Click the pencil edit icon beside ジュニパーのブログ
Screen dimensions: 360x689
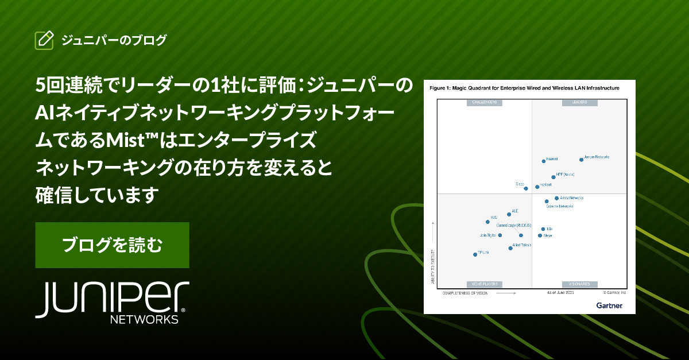click(44, 40)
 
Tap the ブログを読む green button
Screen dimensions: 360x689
click(113, 245)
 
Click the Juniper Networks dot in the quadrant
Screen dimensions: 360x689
click(581, 160)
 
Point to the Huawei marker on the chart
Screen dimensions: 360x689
click(544, 161)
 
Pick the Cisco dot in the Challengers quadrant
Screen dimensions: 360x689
click(526, 188)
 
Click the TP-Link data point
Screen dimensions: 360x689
click(475, 254)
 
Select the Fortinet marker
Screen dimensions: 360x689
click(537, 187)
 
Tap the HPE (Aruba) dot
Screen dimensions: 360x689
click(553, 177)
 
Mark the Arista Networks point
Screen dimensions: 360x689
click(556, 198)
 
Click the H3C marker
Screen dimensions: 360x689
click(487, 222)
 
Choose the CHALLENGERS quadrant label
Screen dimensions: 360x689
click(484, 103)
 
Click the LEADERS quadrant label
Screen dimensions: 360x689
click(579, 103)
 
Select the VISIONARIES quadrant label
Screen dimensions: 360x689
click(579, 284)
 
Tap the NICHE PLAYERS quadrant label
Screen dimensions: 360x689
click(484, 284)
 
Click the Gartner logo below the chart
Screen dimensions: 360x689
click(609, 305)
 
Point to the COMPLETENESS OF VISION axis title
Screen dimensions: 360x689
click(465, 293)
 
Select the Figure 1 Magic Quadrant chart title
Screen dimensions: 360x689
click(524, 88)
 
